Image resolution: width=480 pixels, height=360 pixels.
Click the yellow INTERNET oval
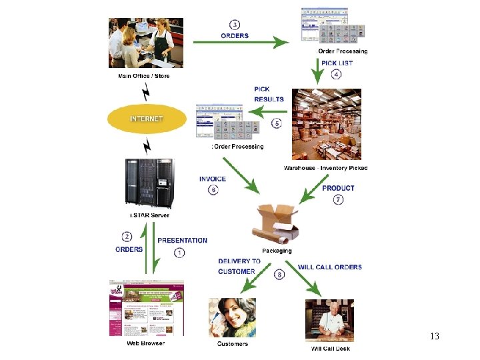coord(147,119)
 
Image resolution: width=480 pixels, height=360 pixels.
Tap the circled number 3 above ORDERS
coord(235,25)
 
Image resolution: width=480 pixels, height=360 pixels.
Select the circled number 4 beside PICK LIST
coord(336,75)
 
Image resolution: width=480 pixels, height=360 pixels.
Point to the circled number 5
coord(277,123)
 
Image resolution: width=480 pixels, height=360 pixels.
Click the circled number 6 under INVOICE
coord(213,190)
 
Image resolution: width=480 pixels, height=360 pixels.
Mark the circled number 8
coord(279,274)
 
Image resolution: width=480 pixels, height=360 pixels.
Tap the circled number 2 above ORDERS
coord(127,236)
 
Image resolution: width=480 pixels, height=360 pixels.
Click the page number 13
coord(435,336)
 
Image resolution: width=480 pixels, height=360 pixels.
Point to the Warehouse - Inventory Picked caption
coord(325,168)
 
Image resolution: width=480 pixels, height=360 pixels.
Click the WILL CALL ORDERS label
coord(330,267)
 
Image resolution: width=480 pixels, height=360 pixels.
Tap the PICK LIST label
coord(337,63)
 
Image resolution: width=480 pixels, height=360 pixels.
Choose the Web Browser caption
coord(145,343)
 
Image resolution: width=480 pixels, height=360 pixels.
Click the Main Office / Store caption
coord(144,76)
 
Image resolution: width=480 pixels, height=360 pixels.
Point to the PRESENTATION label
coord(182,241)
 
